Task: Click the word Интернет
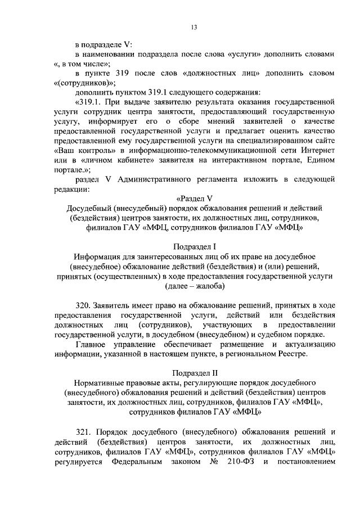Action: click(318, 152)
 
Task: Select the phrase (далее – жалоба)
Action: click(194, 286)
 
